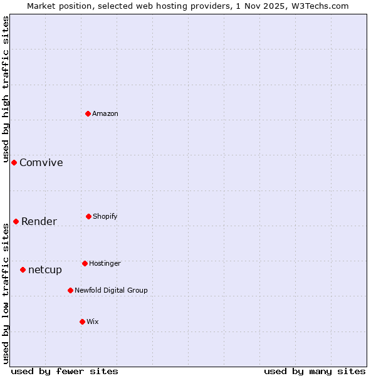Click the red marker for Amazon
pos(88,113)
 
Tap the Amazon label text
pos(105,113)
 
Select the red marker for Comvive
pos(14,162)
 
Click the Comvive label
pos(41,163)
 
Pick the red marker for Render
pos(16,221)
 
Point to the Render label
pos(39,222)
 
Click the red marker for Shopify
pos(88,216)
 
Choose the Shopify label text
pos(105,217)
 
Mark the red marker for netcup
pos(23,269)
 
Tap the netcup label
pos(45,270)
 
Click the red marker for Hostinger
pos(85,263)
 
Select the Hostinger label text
pos(105,264)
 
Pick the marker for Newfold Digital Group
pos(70,290)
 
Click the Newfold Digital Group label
pos(111,291)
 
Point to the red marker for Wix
pos(82,321)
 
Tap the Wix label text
pos(93,322)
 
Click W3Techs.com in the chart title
pos(321,6)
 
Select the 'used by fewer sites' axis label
pos(65,371)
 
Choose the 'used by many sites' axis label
pos(315,371)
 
